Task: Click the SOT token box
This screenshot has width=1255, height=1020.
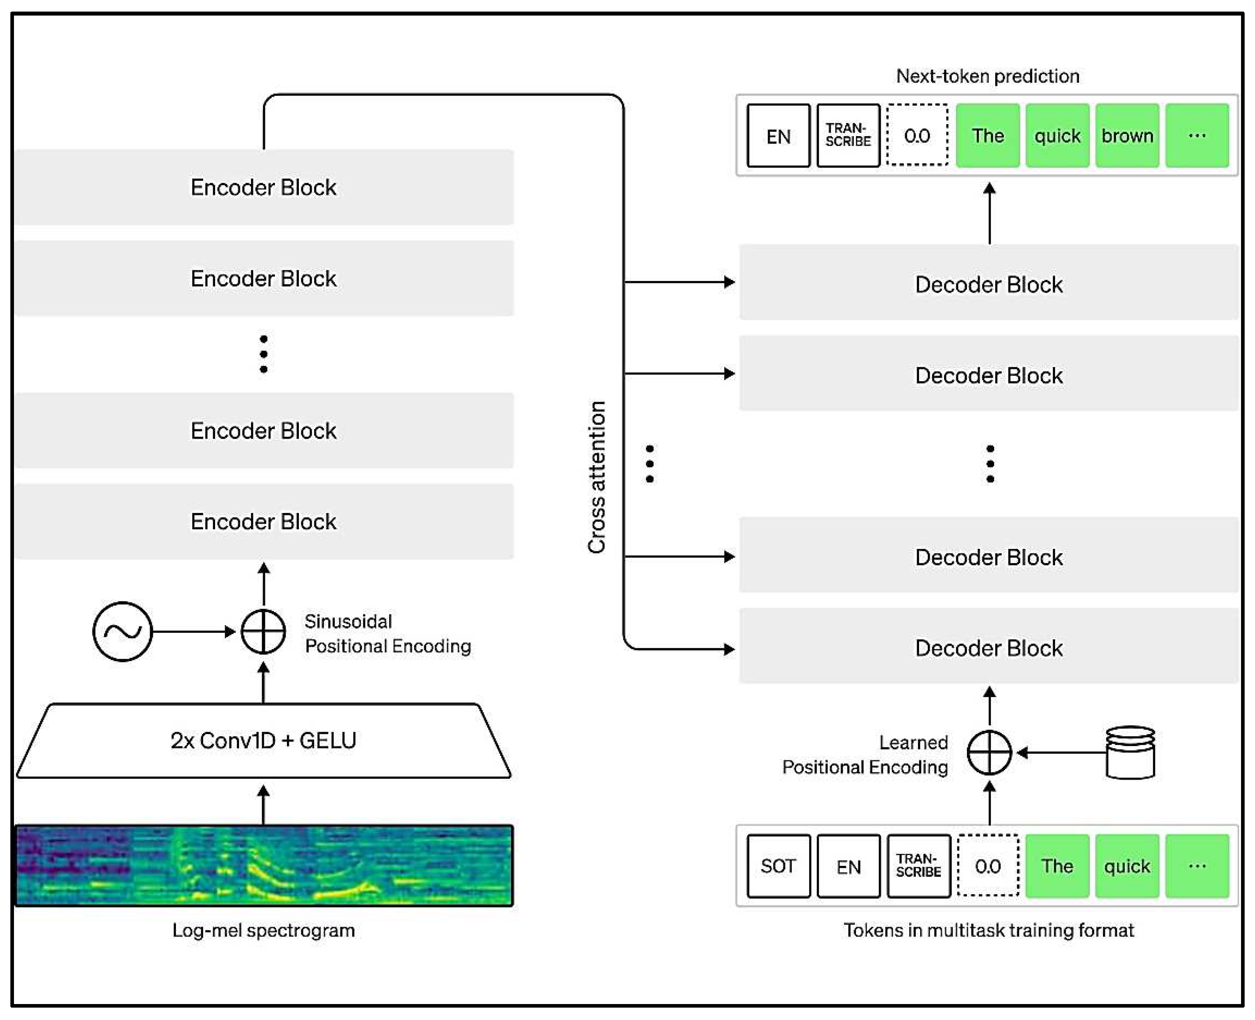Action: tap(778, 866)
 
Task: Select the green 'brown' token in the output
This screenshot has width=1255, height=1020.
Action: tap(1127, 136)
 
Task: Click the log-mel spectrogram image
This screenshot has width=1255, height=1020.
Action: tap(264, 866)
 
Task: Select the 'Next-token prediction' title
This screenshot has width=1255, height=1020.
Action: tap(987, 76)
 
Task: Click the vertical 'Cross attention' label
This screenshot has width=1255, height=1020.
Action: tap(597, 477)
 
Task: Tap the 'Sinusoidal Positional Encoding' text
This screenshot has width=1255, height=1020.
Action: tap(387, 634)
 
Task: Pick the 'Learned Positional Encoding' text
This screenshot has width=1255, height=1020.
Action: tap(865, 755)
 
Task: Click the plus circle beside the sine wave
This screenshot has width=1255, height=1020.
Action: tap(264, 632)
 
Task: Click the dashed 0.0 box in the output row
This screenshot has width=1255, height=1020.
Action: tap(917, 136)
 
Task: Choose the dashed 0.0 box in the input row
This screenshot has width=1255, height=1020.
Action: tap(988, 866)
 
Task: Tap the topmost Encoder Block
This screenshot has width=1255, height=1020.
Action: tap(264, 187)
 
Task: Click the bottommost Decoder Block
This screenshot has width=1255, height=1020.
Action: tap(989, 648)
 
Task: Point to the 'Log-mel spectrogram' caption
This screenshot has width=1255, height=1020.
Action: tap(264, 930)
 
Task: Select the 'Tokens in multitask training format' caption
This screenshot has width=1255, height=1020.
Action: tap(988, 930)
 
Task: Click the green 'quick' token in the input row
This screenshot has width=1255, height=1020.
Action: tap(1127, 866)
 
